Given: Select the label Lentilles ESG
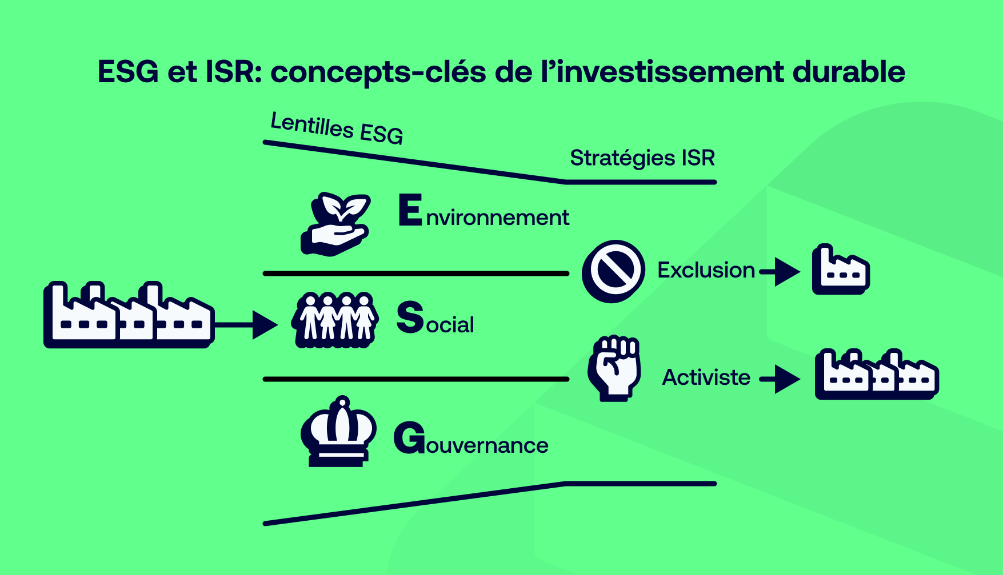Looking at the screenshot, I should click(x=337, y=128).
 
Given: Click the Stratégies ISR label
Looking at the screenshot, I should click(x=642, y=158).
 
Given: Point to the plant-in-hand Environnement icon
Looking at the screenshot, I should click(x=336, y=224).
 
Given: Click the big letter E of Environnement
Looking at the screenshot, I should click(x=410, y=210).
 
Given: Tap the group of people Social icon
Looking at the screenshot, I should click(x=335, y=320).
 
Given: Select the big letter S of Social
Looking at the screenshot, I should click(x=410, y=317).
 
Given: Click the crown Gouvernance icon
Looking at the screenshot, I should click(x=338, y=432).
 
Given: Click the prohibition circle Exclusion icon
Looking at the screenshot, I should click(x=613, y=271).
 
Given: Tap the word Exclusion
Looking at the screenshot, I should click(x=706, y=270).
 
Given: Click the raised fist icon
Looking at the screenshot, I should click(x=614, y=368).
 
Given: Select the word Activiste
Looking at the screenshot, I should click(x=706, y=377).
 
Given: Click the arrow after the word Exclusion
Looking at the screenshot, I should click(x=781, y=271).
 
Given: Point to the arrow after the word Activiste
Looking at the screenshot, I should click(x=781, y=379).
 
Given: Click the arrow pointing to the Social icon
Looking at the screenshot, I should click(x=247, y=325).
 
